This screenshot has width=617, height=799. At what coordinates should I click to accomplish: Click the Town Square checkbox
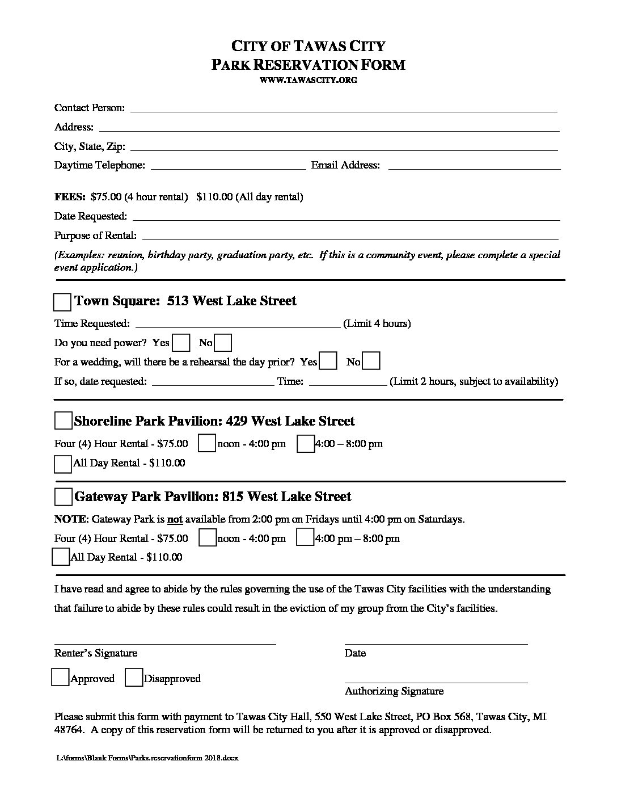[62, 302]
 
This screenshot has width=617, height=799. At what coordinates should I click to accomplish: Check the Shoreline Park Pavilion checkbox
[63, 421]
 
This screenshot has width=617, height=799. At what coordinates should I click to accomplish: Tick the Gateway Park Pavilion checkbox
[63, 497]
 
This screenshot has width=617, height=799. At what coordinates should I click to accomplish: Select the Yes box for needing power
[181, 343]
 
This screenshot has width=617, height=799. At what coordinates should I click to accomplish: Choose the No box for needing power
[223, 343]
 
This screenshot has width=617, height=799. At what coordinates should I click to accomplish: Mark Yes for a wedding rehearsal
[328, 361]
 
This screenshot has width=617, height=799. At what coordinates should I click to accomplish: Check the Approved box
[60, 678]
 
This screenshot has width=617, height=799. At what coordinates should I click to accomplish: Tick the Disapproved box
[134, 678]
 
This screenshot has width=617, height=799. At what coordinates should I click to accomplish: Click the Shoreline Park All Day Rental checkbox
[62, 464]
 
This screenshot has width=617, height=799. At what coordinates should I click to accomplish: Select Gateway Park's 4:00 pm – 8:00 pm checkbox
[305, 537]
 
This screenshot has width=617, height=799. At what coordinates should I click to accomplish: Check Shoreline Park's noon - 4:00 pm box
[206, 444]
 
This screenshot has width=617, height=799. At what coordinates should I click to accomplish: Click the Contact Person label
[90, 108]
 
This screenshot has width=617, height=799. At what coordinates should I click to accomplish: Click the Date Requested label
[91, 216]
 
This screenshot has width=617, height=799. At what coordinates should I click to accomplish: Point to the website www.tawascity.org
[308, 80]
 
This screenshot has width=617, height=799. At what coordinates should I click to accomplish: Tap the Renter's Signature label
[96, 653]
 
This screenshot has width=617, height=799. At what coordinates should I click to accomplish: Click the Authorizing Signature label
[394, 691]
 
